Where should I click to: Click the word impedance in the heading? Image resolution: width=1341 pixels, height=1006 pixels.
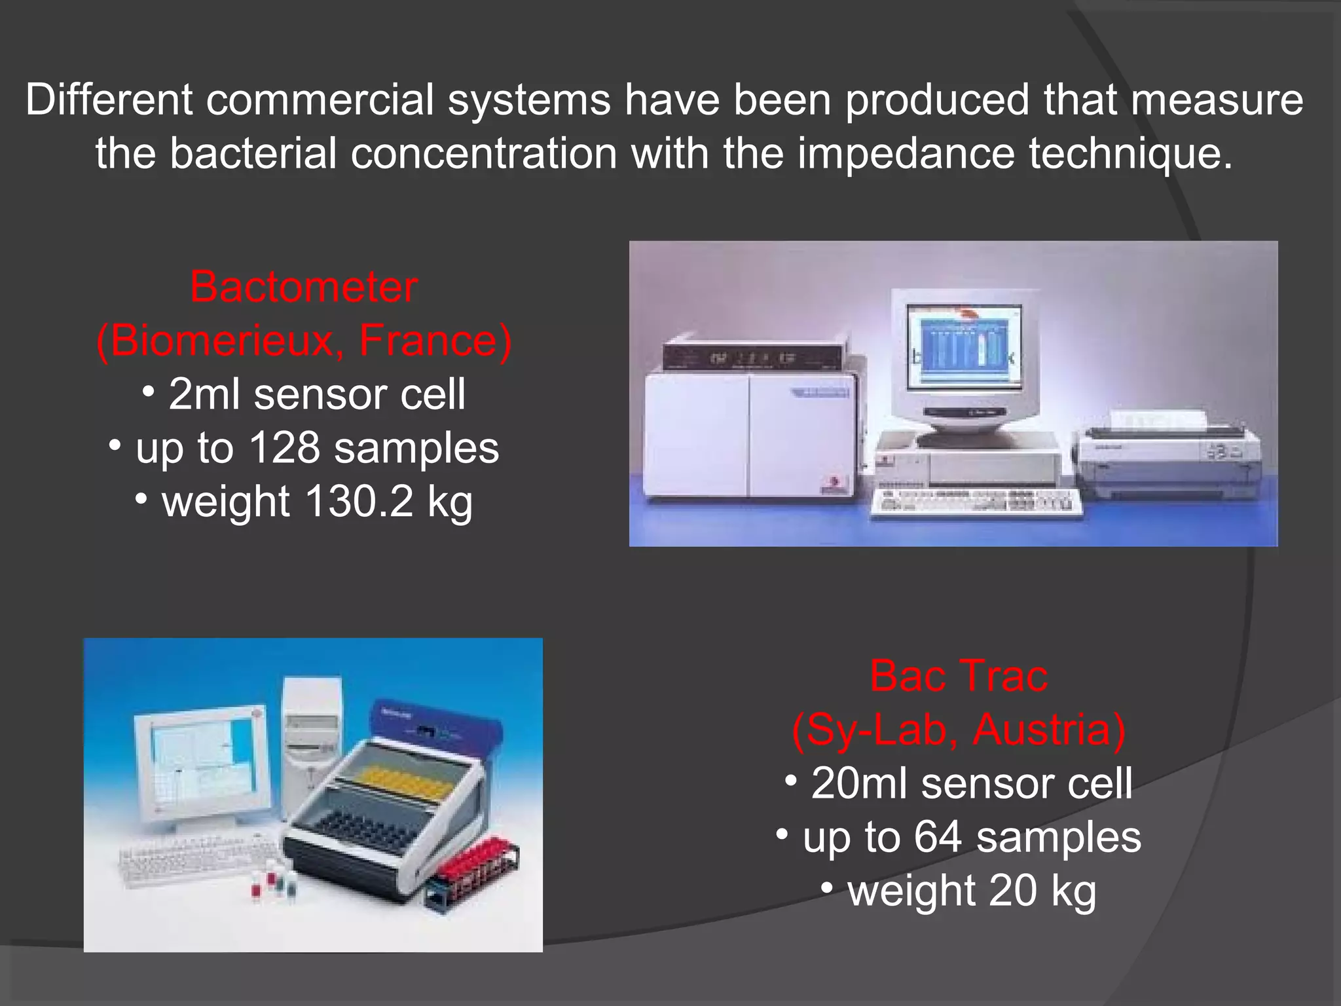(905, 154)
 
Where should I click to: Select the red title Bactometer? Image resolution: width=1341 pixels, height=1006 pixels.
(304, 287)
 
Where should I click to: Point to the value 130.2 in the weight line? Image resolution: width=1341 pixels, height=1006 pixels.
(359, 502)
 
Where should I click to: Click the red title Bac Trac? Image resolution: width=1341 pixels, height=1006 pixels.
(959, 676)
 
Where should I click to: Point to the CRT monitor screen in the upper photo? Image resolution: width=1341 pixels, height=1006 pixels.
(963, 346)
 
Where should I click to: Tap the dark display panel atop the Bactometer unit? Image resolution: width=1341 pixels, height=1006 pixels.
(753, 358)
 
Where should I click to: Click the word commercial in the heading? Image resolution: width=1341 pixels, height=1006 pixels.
(320, 100)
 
